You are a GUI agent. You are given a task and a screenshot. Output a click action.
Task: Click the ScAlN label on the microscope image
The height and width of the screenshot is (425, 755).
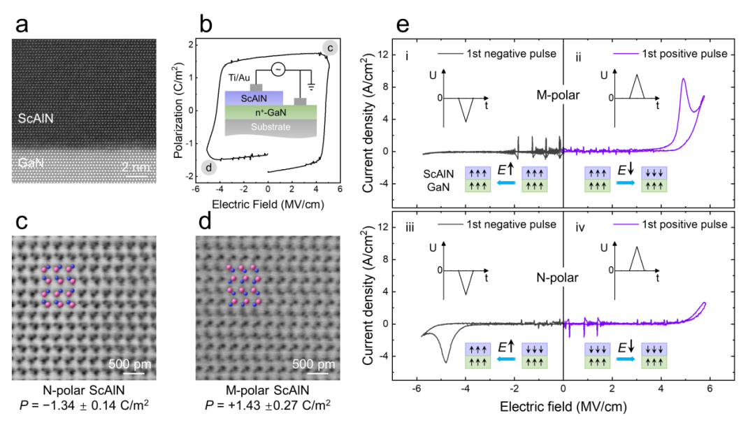[x=36, y=119]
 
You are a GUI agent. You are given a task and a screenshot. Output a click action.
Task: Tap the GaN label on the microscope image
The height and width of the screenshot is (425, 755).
[x=31, y=163]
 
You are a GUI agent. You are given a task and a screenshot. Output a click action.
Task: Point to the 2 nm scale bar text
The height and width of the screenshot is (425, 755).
[x=135, y=167]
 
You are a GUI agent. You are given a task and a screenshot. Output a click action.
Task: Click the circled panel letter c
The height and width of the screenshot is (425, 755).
[x=330, y=48]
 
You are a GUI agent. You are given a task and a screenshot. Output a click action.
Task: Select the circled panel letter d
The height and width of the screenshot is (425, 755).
[x=208, y=168]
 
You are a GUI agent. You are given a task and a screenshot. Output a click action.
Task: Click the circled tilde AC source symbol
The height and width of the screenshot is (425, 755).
[x=278, y=69]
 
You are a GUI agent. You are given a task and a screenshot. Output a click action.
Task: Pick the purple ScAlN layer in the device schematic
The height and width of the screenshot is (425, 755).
[x=254, y=99]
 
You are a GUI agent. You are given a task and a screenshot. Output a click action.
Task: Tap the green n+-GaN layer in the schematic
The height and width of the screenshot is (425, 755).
[x=271, y=112]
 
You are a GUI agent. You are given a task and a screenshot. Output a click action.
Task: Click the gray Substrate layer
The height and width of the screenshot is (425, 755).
[x=271, y=127]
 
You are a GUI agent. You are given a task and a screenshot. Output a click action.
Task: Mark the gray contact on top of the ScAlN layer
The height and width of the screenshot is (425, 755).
[x=256, y=87]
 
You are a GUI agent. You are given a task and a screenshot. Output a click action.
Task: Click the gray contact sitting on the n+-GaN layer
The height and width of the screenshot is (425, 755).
[x=300, y=101]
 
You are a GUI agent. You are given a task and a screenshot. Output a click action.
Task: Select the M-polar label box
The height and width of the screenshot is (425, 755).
[x=557, y=94]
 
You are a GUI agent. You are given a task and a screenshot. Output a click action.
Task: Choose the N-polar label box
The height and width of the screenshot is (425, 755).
[x=557, y=278]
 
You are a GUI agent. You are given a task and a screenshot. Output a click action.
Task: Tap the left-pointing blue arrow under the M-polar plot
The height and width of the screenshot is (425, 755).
[x=507, y=183]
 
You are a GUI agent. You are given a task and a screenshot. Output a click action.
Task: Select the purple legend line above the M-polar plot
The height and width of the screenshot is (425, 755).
[x=626, y=53]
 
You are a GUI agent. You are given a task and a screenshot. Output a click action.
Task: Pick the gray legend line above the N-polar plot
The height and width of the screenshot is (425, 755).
[x=451, y=224]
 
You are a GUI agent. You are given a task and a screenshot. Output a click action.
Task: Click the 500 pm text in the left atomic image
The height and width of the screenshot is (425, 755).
[x=129, y=364]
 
